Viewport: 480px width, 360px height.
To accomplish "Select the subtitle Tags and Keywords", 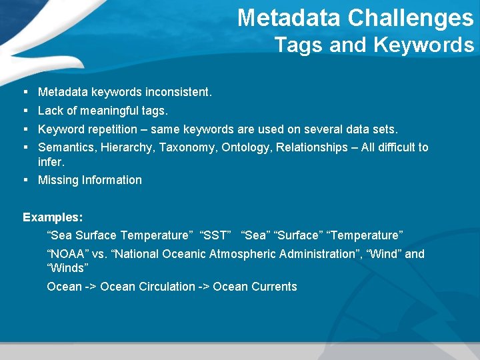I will coord(374,45).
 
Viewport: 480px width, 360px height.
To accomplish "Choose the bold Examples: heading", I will coord(53,217).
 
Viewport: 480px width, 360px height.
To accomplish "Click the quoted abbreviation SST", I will coord(215,235).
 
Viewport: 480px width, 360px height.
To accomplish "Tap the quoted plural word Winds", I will coord(67,268).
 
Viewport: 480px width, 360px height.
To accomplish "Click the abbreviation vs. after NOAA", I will coord(99,254).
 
